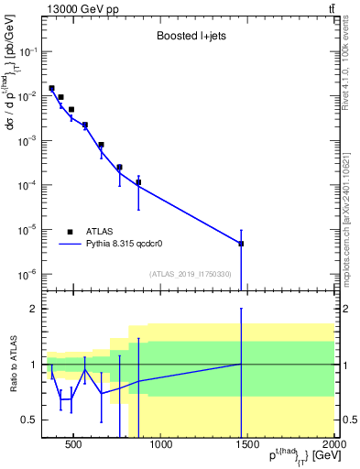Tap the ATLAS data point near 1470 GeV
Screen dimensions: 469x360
pos(241,244)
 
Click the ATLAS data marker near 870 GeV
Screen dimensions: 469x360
pos(138,182)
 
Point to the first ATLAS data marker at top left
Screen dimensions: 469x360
pos(51,88)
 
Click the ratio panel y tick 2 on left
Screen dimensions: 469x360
pos(32,309)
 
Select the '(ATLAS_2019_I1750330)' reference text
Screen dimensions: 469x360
pos(190,274)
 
